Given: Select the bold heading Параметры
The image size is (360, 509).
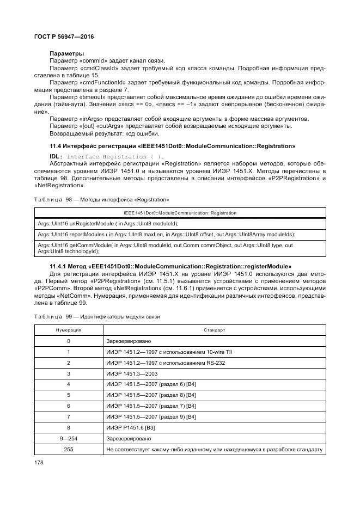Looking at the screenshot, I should point(66,53).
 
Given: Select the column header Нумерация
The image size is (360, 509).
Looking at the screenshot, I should point(69,330).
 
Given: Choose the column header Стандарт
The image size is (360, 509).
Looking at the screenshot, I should point(214,330).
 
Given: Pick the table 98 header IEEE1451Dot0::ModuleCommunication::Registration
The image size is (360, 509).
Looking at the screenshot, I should point(180,213).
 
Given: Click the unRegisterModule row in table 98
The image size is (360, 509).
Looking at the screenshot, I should point(108,224).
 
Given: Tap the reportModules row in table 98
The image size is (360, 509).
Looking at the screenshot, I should point(166,235).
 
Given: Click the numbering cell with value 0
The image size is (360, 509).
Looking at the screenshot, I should point(69,341).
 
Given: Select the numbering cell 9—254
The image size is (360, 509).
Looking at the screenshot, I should point(69,438).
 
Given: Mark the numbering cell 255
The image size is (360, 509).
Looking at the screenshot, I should point(69,449).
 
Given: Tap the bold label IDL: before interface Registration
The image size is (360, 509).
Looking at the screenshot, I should point(57,157).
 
